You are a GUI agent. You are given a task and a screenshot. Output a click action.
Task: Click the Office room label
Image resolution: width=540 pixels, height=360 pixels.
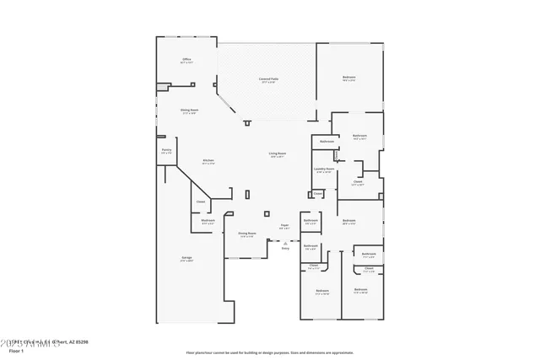coord(187,61)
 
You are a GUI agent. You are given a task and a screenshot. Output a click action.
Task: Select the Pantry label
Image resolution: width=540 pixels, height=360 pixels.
coord(166,152)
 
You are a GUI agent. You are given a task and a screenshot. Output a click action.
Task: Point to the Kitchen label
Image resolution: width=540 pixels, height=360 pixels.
coord(208,162)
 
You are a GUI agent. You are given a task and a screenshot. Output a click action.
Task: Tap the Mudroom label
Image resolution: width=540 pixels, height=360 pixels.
coord(208,222)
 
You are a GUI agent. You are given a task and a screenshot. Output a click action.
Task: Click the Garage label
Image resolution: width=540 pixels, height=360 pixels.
coord(186,258)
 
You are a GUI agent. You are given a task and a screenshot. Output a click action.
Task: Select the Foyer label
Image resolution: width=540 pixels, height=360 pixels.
coord(285,226)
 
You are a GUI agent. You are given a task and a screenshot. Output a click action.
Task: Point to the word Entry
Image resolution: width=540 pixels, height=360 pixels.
coord(285,249)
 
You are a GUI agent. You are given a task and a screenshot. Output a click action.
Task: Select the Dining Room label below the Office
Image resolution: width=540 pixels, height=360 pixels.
coord(189,110)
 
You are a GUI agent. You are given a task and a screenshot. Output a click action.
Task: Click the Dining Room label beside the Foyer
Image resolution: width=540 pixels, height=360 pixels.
coord(246,234)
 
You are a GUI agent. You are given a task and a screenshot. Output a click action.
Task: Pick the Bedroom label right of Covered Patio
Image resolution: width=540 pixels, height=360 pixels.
coord(349,79)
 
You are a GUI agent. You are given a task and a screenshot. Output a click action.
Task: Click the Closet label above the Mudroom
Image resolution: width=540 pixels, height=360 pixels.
coord(201,202)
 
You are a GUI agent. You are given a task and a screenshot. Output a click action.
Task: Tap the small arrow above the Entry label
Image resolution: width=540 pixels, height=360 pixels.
coord(285,243)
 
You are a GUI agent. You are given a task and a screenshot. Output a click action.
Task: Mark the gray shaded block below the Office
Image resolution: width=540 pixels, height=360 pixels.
coord(161,86)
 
